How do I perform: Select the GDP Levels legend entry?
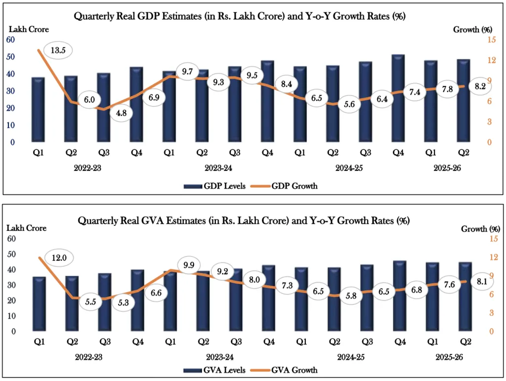point(214,186)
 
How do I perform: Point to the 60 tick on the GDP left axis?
point(10,40)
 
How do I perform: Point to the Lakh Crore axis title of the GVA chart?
point(26,228)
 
